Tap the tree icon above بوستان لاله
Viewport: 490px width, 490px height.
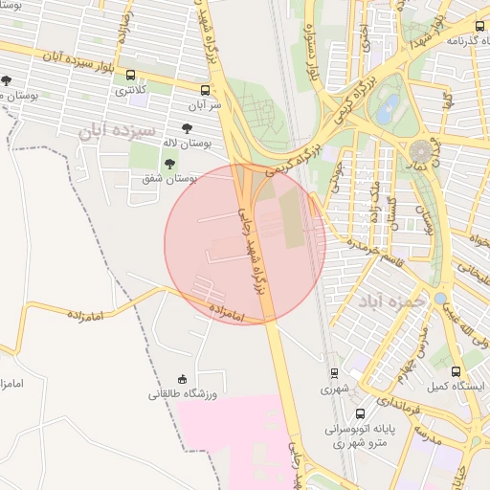tap(186, 128)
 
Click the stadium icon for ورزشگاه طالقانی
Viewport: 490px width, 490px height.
tap(183, 380)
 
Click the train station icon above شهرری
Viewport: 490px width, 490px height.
tap(334, 374)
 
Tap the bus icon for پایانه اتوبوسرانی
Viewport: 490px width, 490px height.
tap(360, 414)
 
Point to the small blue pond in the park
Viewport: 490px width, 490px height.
tap(387, 110)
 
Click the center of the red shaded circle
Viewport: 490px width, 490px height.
tap(245, 243)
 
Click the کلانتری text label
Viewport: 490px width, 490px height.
tap(131, 93)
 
